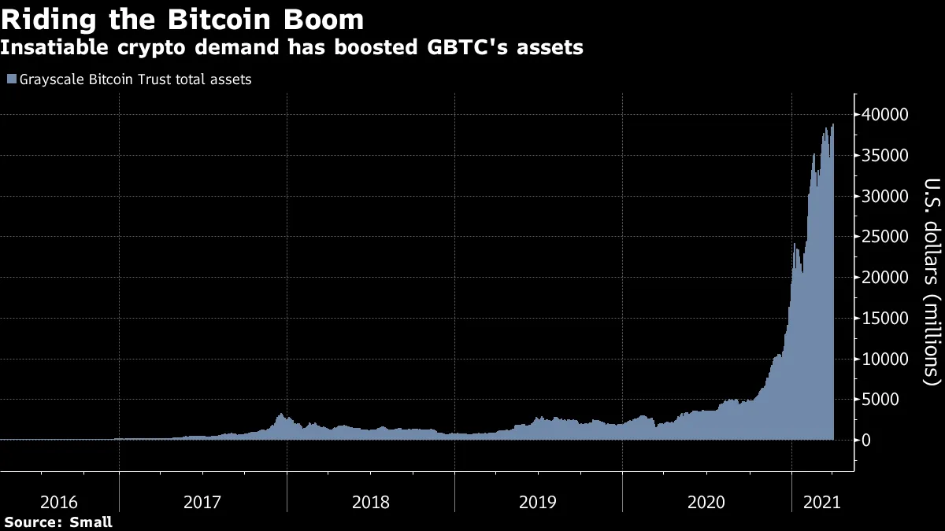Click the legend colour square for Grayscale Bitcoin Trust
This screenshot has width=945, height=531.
click(x=11, y=79)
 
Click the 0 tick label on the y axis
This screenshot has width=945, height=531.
click(x=868, y=441)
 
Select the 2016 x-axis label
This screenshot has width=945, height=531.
click(x=59, y=502)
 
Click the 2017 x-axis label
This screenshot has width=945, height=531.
click(x=202, y=502)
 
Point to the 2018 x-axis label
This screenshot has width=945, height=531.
click(x=370, y=502)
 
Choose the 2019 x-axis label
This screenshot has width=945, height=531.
click(x=538, y=502)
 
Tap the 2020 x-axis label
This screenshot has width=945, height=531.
click(x=706, y=502)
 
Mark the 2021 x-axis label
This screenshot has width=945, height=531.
click(x=821, y=502)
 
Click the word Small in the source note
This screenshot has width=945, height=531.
click(x=91, y=522)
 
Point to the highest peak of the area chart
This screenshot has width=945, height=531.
click(x=833, y=124)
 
